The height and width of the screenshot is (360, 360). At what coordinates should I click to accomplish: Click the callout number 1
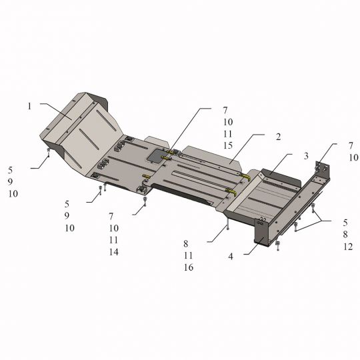click(x=29, y=106)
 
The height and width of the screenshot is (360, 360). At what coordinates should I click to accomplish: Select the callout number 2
click(x=278, y=137)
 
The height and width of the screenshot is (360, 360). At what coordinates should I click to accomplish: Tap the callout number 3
click(x=306, y=156)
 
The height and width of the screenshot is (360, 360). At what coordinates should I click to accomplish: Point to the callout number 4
click(x=231, y=257)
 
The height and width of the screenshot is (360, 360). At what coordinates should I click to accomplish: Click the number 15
click(x=228, y=145)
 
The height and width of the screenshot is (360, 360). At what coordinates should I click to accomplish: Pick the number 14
click(x=113, y=252)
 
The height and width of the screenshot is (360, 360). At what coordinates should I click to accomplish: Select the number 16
click(x=188, y=267)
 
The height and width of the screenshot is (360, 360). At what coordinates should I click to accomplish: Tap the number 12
click(x=348, y=247)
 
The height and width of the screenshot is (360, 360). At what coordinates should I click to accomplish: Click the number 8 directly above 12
click(x=345, y=235)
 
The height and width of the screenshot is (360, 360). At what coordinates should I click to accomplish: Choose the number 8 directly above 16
click(x=186, y=244)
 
